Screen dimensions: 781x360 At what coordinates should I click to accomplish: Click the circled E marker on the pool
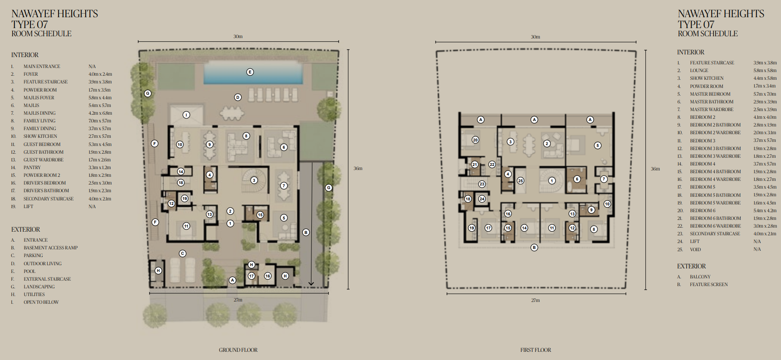click(250, 72)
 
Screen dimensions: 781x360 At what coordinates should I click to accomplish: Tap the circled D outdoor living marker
click(238, 97)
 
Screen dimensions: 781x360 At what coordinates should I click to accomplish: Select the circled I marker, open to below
click(186, 115)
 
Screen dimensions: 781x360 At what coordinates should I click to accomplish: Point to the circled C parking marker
click(182, 253)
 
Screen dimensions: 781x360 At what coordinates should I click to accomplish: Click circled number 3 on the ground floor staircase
click(254, 180)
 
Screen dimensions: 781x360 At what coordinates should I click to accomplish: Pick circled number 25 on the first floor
click(520, 180)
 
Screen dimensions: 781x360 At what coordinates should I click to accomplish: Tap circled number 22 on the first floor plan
click(492, 165)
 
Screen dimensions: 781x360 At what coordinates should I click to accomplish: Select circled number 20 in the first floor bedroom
click(475, 140)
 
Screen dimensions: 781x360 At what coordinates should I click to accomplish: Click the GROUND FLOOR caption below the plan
click(238, 350)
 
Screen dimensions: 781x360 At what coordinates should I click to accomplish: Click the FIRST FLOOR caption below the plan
click(536, 350)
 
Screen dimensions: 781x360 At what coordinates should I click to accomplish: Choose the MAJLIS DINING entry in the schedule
click(39, 113)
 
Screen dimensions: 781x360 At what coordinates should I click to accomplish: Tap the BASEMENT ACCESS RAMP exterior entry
click(51, 248)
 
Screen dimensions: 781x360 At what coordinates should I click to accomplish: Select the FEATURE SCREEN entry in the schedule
click(709, 284)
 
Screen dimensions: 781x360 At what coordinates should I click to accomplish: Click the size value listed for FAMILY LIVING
click(100, 121)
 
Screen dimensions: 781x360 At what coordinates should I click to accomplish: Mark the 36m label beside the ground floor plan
click(358, 168)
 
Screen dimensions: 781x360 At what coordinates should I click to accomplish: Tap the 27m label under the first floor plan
click(535, 300)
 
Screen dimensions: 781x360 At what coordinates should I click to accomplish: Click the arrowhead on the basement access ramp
click(311, 283)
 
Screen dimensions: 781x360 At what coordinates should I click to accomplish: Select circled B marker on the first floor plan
click(534, 247)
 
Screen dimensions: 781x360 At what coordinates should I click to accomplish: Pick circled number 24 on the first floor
click(482, 199)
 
